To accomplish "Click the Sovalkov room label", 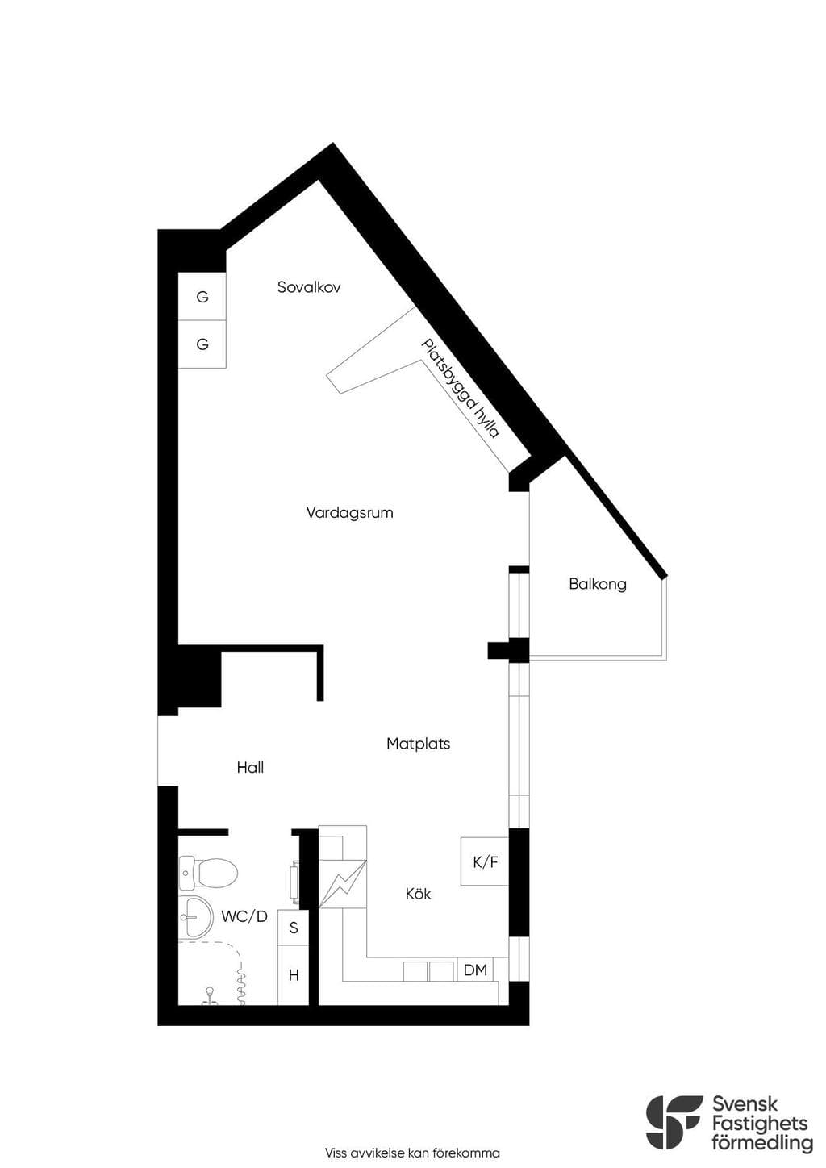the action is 309,287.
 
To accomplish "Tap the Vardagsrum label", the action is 349,512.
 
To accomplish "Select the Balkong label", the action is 598,584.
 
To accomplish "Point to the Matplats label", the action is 418,743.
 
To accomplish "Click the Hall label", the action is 250,768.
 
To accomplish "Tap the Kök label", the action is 418,894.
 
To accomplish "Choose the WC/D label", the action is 244,916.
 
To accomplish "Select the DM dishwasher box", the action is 475,970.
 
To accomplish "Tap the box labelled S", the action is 294,928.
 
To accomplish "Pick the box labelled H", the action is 294,975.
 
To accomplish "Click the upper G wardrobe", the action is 202,296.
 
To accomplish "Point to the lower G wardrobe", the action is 202,344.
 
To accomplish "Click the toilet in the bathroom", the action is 208,872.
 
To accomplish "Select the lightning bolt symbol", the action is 343,882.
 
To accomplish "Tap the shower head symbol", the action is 211,994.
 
